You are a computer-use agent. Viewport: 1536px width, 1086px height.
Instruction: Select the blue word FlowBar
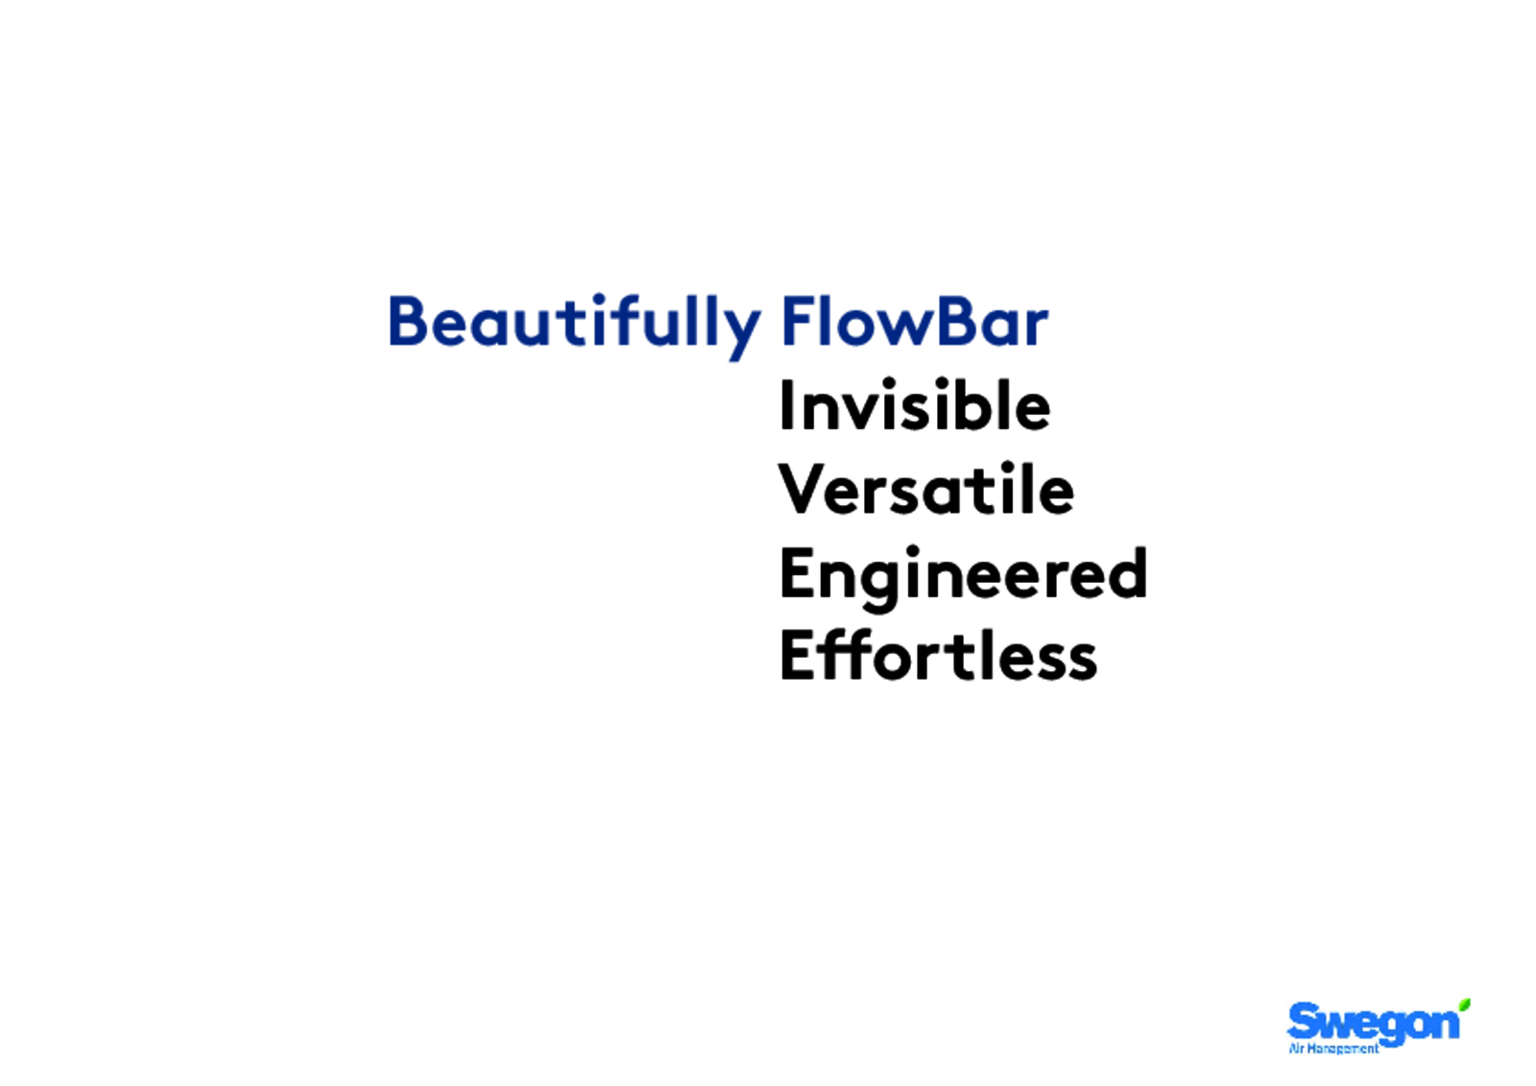click(x=915, y=321)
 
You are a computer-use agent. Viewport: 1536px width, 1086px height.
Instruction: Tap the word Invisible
click(x=915, y=405)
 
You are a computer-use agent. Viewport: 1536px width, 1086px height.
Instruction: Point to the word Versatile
click(x=925, y=489)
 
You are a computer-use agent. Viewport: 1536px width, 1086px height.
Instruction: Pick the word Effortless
click(x=939, y=655)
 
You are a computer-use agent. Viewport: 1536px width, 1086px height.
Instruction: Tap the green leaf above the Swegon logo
click(x=1464, y=1005)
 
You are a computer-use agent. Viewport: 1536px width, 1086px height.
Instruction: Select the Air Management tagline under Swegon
click(x=1333, y=1049)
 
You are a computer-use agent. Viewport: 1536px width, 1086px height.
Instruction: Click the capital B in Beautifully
click(x=408, y=321)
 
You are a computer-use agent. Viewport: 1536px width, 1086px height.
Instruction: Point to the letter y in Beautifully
click(x=740, y=333)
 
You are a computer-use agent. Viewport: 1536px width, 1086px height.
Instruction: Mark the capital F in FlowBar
click(x=798, y=321)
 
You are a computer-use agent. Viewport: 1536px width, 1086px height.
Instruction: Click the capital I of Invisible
click(x=787, y=405)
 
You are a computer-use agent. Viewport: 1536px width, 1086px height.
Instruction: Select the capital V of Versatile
click(x=803, y=489)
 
